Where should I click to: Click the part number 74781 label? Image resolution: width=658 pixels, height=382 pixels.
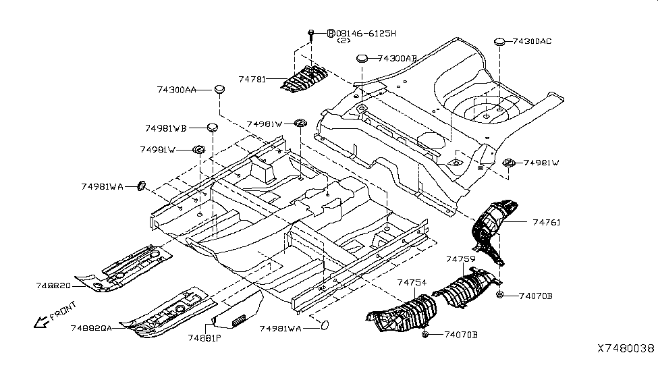click(x=252, y=79)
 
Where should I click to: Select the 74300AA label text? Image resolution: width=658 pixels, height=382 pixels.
click(x=177, y=89)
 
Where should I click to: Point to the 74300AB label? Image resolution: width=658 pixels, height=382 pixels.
click(x=397, y=59)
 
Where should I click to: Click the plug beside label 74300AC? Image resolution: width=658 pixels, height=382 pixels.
click(x=500, y=42)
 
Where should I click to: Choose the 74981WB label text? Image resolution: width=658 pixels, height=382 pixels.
click(x=165, y=127)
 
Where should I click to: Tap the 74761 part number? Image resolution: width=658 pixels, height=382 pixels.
click(x=546, y=222)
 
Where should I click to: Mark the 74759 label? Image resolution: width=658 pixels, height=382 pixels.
click(x=460, y=259)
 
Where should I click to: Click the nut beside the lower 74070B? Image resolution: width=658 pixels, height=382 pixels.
click(x=426, y=334)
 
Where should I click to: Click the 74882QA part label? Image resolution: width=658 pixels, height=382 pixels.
click(x=91, y=327)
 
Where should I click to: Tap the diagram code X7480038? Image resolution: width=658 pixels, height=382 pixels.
click(x=625, y=348)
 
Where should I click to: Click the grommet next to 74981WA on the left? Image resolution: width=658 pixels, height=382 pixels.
click(x=142, y=186)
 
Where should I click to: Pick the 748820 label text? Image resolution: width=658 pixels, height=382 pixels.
click(x=53, y=285)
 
